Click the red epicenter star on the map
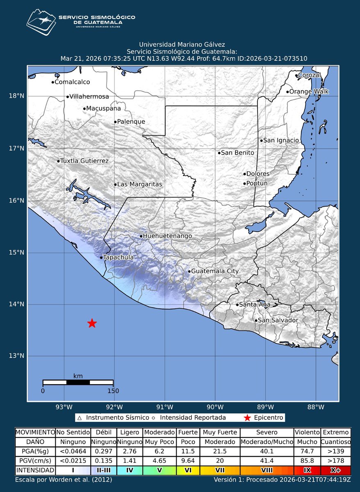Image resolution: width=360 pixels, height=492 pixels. pyautogui.click(x=92, y=323)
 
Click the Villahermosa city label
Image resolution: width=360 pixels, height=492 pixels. pyautogui.click(x=89, y=97)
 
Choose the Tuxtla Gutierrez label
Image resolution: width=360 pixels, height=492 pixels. pyautogui.click(x=84, y=161)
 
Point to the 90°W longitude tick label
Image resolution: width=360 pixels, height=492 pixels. pyautogui.click(x=215, y=407)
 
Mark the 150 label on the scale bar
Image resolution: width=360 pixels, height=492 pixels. pyautogui.click(x=113, y=391)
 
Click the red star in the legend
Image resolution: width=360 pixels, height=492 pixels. pyautogui.click(x=247, y=418)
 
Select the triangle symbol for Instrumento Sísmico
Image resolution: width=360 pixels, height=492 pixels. pyautogui.click(x=80, y=418)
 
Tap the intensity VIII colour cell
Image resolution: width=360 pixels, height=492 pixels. pyautogui.click(x=267, y=470)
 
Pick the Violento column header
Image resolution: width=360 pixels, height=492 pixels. pyautogui.click(x=307, y=432)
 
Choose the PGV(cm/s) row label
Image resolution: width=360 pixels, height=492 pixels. pyautogui.click(x=35, y=461)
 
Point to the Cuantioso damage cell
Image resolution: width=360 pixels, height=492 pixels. pyautogui.click(x=336, y=442)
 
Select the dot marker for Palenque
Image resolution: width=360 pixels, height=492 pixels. pyautogui.click(x=115, y=122)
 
